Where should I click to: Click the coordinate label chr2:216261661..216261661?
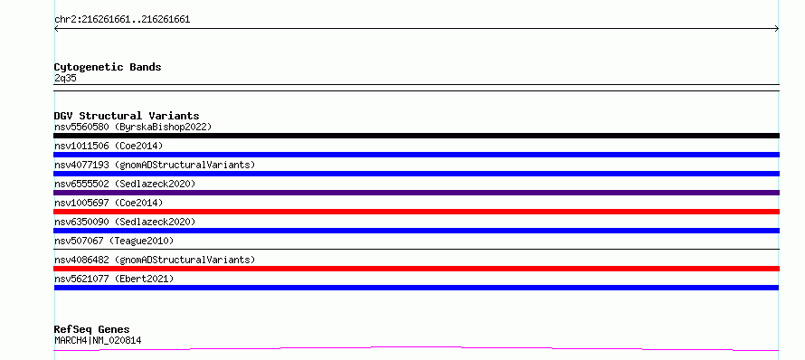pyautogui.click(x=122, y=20)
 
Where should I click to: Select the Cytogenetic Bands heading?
pyautogui.click(x=108, y=67)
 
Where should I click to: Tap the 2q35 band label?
pyautogui.click(x=65, y=78)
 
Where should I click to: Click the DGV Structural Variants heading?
pyautogui.click(x=127, y=116)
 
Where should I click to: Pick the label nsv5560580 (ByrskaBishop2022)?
pyautogui.click(x=133, y=127)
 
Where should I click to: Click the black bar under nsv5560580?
pyautogui.click(x=416, y=136)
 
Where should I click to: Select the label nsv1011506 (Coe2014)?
pyautogui.click(x=109, y=146)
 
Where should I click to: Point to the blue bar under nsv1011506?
pyautogui.click(x=416, y=155)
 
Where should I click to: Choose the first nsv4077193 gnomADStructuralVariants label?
pyautogui.click(x=155, y=165)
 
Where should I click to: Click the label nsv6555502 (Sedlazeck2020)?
pyautogui.click(x=125, y=184)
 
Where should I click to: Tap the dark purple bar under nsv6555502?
pyautogui.click(x=416, y=193)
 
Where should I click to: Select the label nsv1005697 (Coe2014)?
pyautogui.click(x=109, y=203)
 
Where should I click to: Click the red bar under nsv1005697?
pyautogui.click(x=416, y=212)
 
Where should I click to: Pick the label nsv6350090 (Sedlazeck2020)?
pyautogui.click(x=125, y=222)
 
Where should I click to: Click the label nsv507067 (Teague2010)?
pyautogui.click(x=114, y=241)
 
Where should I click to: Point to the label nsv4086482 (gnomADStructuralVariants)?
pyautogui.click(x=155, y=260)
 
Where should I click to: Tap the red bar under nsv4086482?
pyautogui.click(x=416, y=269)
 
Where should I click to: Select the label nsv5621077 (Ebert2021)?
pyautogui.click(x=114, y=279)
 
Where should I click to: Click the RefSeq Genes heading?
pyautogui.click(x=92, y=329)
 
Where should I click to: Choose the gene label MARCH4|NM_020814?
pyautogui.click(x=98, y=340)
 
